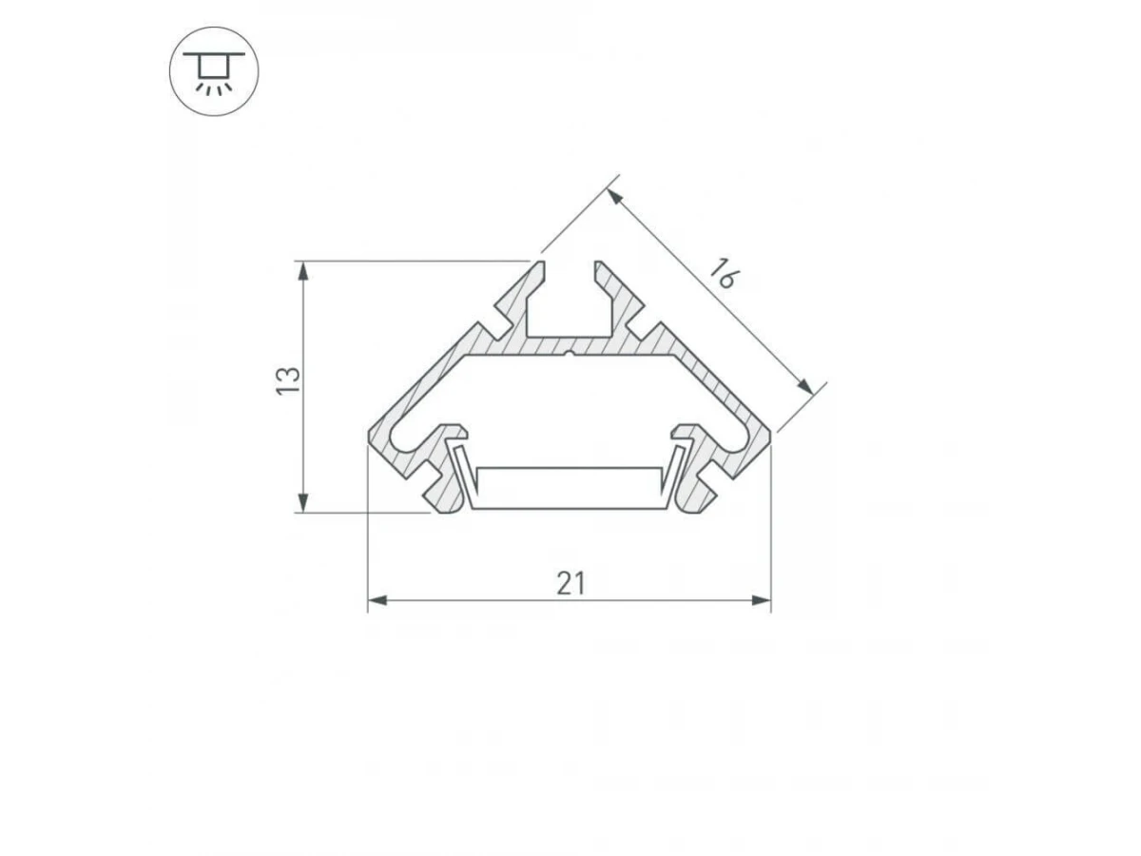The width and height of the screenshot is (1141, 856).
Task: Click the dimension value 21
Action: coord(570,583)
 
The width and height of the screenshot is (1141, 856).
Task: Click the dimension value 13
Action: coord(288,381)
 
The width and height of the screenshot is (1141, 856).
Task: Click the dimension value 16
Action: coord(723,272)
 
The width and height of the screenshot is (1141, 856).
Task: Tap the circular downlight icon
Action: coord(214,71)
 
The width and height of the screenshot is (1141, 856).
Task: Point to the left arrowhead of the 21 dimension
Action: coord(377,601)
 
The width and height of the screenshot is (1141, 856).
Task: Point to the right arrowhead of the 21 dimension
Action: coord(762,601)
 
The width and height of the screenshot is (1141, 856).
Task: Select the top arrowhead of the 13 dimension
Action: coord(303,271)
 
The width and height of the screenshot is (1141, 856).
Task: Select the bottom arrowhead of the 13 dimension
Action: coord(303,503)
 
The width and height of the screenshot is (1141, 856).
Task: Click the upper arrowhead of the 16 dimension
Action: coord(615,197)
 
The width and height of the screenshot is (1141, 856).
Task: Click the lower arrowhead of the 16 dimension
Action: coord(805,387)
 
